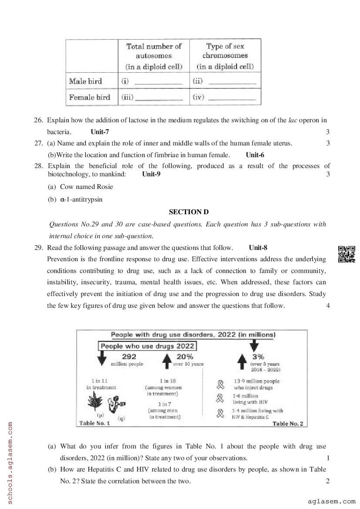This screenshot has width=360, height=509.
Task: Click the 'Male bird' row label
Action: pyautogui.click(x=85, y=81)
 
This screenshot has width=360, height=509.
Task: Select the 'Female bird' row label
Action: pyautogui.click(x=89, y=97)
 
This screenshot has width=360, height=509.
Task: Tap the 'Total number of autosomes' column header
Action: pyautogui.click(x=154, y=56)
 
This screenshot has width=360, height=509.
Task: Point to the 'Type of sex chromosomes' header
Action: pyautogui.click(x=225, y=56)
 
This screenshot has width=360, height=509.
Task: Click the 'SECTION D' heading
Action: pyautogui.click(x=189, y=212)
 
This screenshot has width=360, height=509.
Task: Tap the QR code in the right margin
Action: pyautogui.click(x=346, y=254)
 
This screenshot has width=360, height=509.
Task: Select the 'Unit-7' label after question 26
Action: pyautogui.click(x=100, y=131)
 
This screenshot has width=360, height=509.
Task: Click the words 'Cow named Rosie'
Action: pyautogui.click(x=86, y=187)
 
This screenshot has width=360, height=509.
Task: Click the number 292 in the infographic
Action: pyautogui.click(x=129, y=356)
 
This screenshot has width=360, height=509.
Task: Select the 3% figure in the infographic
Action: pyautogui.click(x=258, y=357)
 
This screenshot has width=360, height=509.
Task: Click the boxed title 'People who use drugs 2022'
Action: pyautogui.click(x=147, y=346)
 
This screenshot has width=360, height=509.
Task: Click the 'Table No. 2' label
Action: pyautogui.click(x=287, y=423)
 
